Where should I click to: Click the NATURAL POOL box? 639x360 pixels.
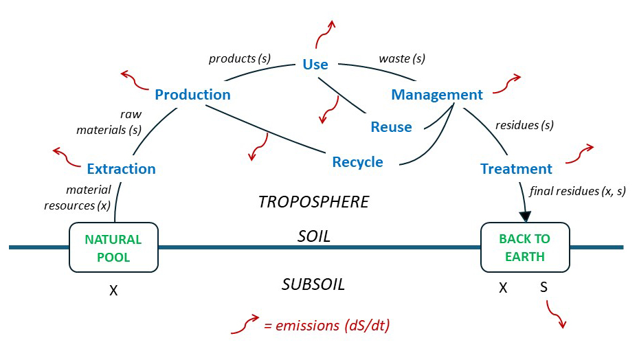pyautogui.click(x=113, y=247)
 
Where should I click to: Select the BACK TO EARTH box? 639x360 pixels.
pyautogui.click(x=525, y=247)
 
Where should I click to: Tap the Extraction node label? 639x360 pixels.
pyautogui.click(x=121, y=168)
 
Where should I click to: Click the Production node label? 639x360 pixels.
pyautogui.click(x=192, y=95)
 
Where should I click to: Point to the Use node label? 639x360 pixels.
pyautogui.click(x=315, y=65)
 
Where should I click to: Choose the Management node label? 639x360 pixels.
pyautogui.click(x=437, y=95)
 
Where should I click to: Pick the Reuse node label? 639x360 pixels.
pyautogui.click(x=391, y=127)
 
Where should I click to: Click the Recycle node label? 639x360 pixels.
pyautogui.click(x=357, y=162)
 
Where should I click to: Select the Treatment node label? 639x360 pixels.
pyautogui.click(x=516, y=169)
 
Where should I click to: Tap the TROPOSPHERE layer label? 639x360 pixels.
pyautogui.click(x=313, y=202)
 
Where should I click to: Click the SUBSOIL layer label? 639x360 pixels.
pyautogui.click(x=313, y=284)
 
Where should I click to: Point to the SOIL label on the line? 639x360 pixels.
pyautogui.click(x=314, y=236)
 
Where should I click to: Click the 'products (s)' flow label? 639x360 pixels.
pyautogui.click(x=240, y=58)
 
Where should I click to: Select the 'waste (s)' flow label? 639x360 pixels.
pyautogui.click(x=402, y=58)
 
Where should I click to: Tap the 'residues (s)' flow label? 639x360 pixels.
pyautogui.click(x=524, y=125)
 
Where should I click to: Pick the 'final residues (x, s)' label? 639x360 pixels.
pyautogui.click(x=577, y=192)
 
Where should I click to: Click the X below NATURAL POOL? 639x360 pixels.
pyautogui.click(x=113, y=291)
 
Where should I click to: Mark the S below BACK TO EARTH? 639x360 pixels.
pyautogui.click(x=543, y=288)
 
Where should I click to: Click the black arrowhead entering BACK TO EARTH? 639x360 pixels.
pyautogui.click(x=526, y=216)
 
